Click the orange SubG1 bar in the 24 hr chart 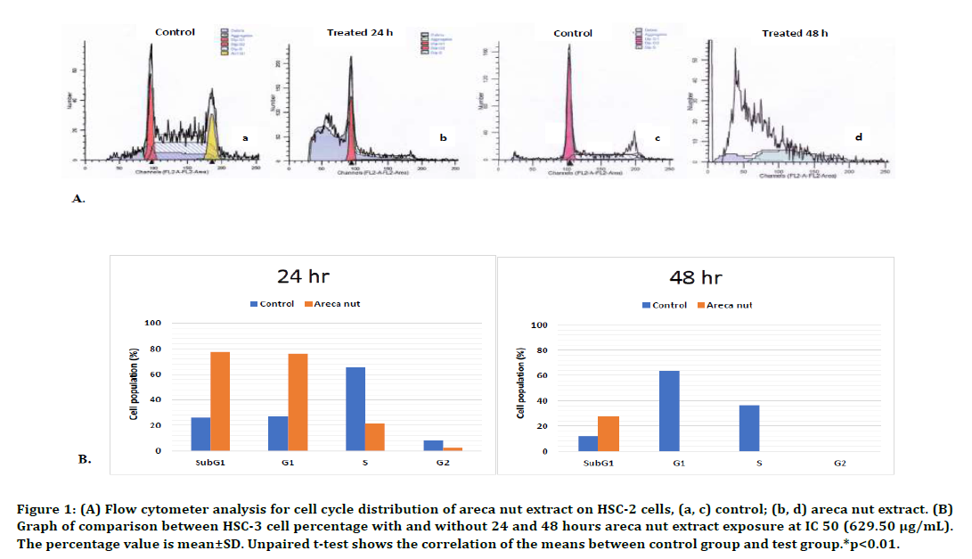coord(220,401)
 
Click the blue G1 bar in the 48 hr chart coord(669,410)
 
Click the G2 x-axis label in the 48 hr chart coord(839,464)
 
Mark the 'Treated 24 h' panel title coord(359,33)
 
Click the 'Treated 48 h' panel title coord(795,33)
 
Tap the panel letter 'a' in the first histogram coord(245,137)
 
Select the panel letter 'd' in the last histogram coord(858,137)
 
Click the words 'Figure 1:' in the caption coord(44,509)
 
